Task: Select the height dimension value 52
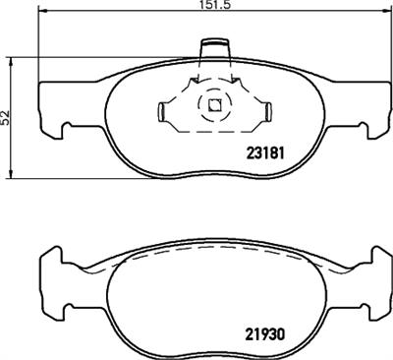tap(6, 115)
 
